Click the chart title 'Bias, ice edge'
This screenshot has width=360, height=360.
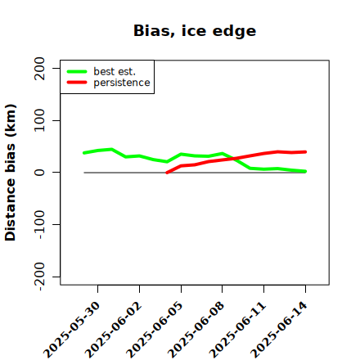click(195, 30)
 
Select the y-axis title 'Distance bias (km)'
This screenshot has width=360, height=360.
click(11, 173)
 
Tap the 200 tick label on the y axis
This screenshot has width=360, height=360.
click(40, 69)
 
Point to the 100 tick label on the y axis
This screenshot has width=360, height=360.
click(40, 120)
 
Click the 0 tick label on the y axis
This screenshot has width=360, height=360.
click(40, 173)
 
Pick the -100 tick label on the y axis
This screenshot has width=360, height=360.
click(40, 224)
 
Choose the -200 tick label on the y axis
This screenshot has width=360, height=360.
click(40, 277)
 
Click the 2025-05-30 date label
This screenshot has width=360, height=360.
click(72, 330)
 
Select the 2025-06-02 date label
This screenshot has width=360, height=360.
click(114, 330)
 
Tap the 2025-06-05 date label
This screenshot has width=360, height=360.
click(155, 330)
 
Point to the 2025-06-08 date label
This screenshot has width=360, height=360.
click(196, 330)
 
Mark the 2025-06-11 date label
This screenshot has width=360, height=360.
click(237, 330)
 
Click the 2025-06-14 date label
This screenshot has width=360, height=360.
click(279, 330)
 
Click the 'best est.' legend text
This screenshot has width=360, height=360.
click(115, 71)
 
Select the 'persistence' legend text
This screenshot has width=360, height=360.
click(122, 83)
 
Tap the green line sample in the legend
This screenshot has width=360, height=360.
click(77, 71)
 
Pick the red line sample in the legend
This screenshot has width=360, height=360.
click(77, 83)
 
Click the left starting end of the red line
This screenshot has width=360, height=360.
click(167, 173)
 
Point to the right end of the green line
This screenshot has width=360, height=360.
click(305, 171)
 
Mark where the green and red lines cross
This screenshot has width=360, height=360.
click(234, 158)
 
